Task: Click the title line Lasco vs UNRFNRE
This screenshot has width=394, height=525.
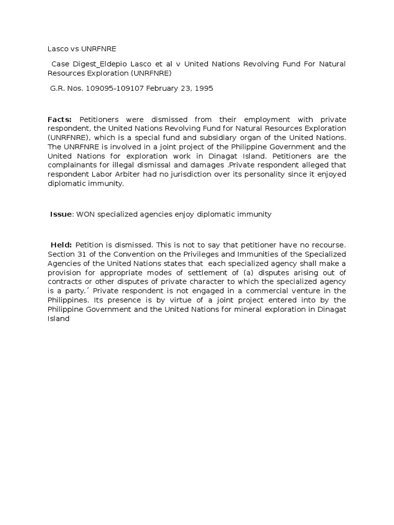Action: tap(82, 49)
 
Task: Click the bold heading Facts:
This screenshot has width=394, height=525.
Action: tap(61, 119)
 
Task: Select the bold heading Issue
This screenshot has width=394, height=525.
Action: tap(62, 214)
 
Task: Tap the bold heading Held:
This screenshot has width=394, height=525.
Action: tap(61, 245)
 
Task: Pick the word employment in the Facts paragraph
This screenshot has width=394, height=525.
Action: tap(275, 119)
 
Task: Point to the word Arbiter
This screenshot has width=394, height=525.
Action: tap(134, 175)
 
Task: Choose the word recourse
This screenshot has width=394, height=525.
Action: tap(326, 245)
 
